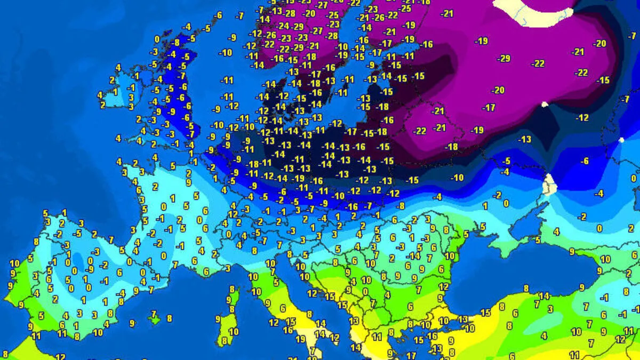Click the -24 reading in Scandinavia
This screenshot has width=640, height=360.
pos(283,26)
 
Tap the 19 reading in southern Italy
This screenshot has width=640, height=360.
pos(300,339)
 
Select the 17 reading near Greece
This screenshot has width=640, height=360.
pos(411,355)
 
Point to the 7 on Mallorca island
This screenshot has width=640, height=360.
pos(154,314)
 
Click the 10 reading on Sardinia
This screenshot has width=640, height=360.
pos(234,331)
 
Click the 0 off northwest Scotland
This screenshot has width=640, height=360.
pos(157,39)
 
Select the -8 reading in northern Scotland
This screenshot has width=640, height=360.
pos(177,43)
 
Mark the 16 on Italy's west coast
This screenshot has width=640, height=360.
pos(287,330)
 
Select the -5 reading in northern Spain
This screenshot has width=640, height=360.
pos(78,233)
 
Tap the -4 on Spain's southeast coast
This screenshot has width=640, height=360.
pos(122,293)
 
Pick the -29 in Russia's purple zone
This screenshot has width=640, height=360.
pos(503,58)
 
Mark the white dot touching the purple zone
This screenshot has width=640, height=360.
pos(545,105)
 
